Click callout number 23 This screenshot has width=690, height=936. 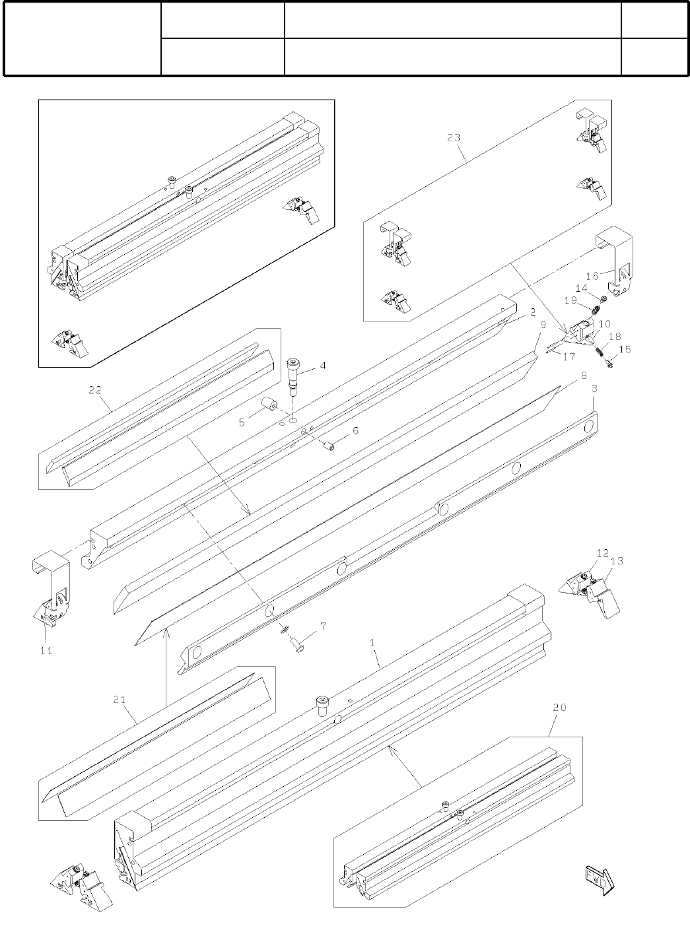pos(454,138)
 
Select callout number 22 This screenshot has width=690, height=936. pos(95,390)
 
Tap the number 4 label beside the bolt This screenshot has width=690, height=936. pos(323,365)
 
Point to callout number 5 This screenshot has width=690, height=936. pos(242,422)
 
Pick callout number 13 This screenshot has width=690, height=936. pos(617,561)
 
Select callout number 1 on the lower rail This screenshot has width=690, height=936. pos(373,642)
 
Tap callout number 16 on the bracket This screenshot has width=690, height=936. pos(592,275)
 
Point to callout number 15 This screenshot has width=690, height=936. pos(625,349)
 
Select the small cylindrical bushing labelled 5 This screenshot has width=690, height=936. pos(269,404)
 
